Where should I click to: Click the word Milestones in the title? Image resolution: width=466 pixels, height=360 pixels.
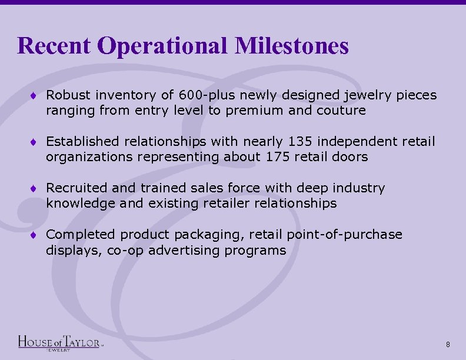click(x=292, y=45)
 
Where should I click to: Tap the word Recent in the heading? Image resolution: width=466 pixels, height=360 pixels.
click(x=54, y=45)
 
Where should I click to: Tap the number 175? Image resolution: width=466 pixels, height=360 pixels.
click(x=277, y=157)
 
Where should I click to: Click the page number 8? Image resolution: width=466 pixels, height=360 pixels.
click(x=448, y=344)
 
